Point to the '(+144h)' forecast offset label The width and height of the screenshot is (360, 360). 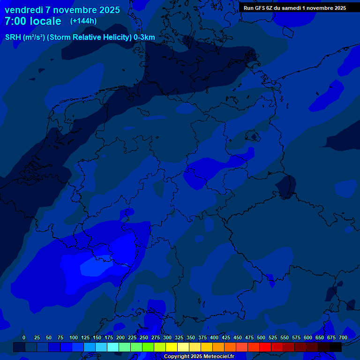click(83, 21)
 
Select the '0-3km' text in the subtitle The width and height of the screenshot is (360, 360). click(144, 37)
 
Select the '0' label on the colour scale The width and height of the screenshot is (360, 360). click(24, 337)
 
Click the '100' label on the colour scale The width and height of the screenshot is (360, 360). click(74, 337)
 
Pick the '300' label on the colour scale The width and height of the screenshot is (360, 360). click(167, 337)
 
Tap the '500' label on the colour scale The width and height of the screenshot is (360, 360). click(261, 337)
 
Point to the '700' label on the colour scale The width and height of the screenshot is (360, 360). click(343, 337)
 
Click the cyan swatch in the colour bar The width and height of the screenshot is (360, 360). click(113, 347)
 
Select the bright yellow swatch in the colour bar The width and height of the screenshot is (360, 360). click(172, 347)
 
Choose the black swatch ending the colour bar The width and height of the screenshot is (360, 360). click(336, 347)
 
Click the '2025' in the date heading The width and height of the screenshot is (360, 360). click(107, 10)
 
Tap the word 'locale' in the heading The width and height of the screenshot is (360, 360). click(45, 22)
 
